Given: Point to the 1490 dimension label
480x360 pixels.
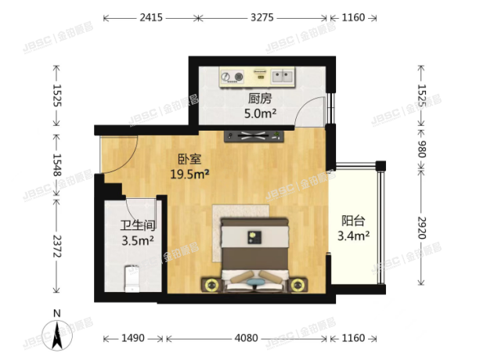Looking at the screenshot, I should (133, 339).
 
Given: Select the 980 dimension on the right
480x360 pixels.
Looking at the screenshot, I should (422, 149).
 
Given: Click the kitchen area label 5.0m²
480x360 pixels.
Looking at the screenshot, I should (259, 113).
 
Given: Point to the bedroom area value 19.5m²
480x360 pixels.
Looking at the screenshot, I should (189, 175).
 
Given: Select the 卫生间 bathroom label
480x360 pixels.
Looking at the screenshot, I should (136, 226).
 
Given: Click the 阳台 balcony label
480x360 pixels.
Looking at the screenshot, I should (352, 221).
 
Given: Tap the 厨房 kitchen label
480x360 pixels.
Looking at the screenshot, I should (259, 99).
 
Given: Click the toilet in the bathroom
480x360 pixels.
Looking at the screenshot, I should (132, 279).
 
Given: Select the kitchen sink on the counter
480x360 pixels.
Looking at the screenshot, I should (281, 76).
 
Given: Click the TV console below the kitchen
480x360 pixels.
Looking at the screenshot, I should (253, 137).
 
